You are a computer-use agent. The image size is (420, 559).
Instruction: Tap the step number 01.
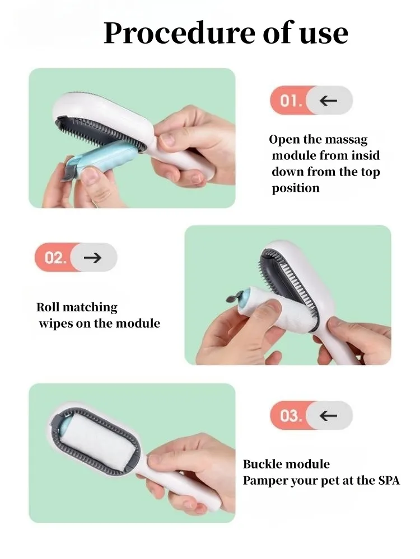[291, 101]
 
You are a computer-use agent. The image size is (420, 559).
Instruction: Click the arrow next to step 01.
[328, 101]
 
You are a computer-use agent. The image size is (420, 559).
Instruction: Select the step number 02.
[55, 257]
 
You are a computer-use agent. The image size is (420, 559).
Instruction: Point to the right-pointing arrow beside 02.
[92, 257]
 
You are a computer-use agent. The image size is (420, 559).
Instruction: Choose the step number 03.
[291, 416]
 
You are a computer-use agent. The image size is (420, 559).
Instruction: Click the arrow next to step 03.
[328, 415]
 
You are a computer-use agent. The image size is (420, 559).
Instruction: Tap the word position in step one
[296, 188]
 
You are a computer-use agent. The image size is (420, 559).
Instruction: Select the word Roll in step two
[48, 307]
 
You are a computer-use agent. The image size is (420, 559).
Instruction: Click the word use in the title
[324, 35]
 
